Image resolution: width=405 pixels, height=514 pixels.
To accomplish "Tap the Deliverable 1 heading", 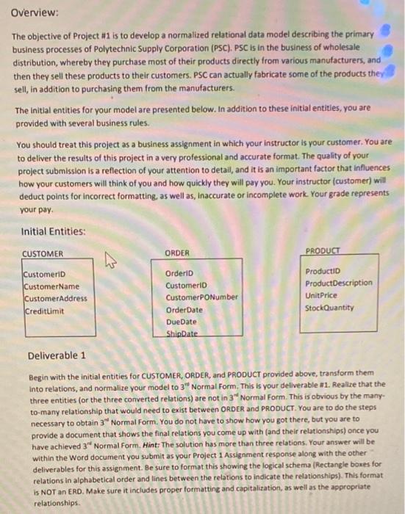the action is (x=57, y=356).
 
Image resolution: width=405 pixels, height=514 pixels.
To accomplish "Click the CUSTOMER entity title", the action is (x=43, y=255).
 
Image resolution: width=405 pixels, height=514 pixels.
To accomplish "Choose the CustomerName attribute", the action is (x=51, y=286).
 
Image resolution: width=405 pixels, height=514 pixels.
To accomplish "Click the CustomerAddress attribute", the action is (x=55, y=299).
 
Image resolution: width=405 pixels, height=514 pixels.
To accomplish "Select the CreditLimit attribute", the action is (x=44, y=311).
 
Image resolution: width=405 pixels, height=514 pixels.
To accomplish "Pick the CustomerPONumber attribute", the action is (x=202, y=298).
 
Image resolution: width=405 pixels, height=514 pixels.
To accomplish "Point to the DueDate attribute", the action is (x=182, y=322).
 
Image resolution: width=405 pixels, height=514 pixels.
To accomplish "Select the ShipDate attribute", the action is (x=183, y=333).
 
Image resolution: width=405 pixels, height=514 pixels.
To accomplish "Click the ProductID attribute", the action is (x=320, y=272).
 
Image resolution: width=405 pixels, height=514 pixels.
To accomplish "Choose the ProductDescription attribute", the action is (x=338, y=283).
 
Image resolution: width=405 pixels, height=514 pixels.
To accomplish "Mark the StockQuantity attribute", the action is (x=329, y=308).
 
